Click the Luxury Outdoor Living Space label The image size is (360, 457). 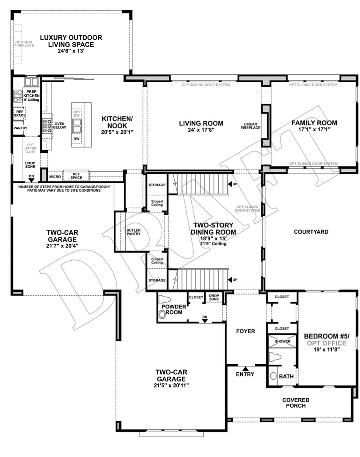(71, 41)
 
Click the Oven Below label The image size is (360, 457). (60, 126)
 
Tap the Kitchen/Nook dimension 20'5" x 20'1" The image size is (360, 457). (117, 132)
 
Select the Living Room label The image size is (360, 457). (201, 124)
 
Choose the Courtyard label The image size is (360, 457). (311, 232)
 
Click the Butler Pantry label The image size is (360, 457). (133, 232)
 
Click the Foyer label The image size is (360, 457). (245, 331)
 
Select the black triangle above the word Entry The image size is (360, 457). (245, 369)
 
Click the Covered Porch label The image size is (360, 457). (296, 403)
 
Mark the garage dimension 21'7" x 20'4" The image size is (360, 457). (62, 245)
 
